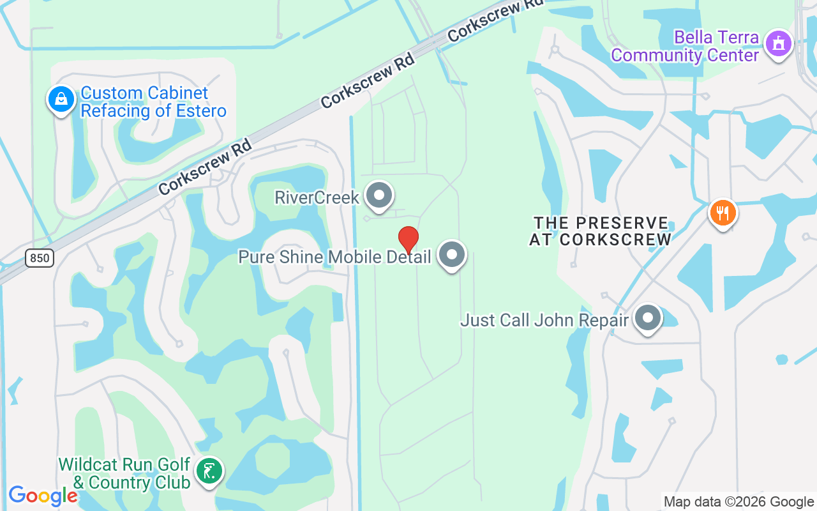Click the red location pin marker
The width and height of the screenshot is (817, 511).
[x=408, y=240]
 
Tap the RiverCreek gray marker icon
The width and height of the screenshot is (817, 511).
[x=380, y=195]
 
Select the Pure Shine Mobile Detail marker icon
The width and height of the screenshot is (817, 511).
[x=453, y=255]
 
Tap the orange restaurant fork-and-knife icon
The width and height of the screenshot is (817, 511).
[x=723, y=213]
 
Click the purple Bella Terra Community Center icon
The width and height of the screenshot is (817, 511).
[x=779, y=44]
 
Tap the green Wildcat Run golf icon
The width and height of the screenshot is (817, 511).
[x=209, y=471]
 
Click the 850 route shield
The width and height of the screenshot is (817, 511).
[x=40, y=258]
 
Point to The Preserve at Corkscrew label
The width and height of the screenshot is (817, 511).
[x=601, y=231]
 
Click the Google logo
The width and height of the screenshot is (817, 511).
[x=43, y=496]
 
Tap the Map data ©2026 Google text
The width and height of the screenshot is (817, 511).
[x=738, y=502]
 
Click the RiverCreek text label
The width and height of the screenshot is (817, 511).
[x=317, y=197]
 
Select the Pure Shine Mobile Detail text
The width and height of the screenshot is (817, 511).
[x=334, y=257]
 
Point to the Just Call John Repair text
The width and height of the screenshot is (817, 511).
[x=544, y=320]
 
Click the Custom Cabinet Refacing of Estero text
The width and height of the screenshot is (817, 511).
[x=153, y=102]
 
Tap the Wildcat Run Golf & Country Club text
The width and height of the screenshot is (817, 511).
[x=124, y=473]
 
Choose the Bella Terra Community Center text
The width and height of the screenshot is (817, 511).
[x=685, y=46]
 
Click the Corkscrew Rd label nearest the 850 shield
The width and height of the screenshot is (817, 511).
[x=205, y=167]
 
